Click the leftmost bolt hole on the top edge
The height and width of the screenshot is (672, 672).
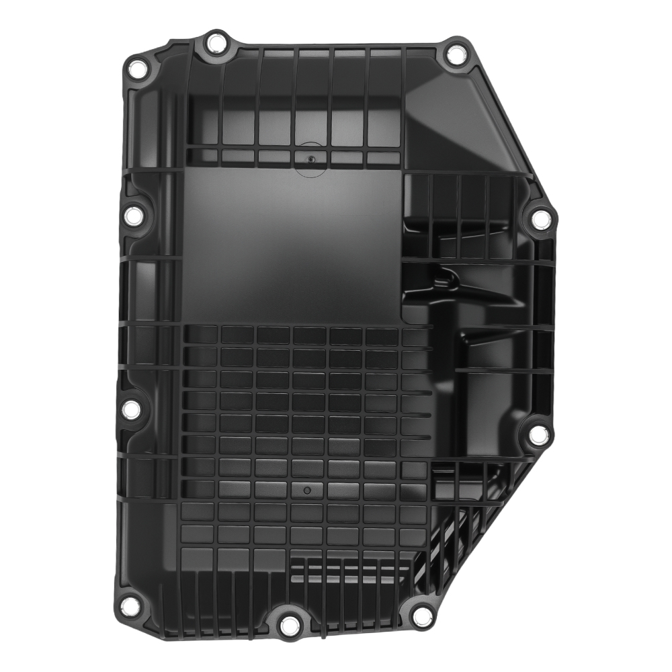(136, 67)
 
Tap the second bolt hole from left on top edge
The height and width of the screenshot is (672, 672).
(215, 44)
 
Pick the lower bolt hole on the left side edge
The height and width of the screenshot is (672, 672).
(132, 409)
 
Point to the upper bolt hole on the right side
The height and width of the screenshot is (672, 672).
(540, 217)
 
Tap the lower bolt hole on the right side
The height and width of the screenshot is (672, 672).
(537, 435)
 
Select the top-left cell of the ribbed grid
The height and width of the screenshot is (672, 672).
(200, 334)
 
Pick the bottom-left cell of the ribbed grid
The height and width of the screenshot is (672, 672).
(198, 556)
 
